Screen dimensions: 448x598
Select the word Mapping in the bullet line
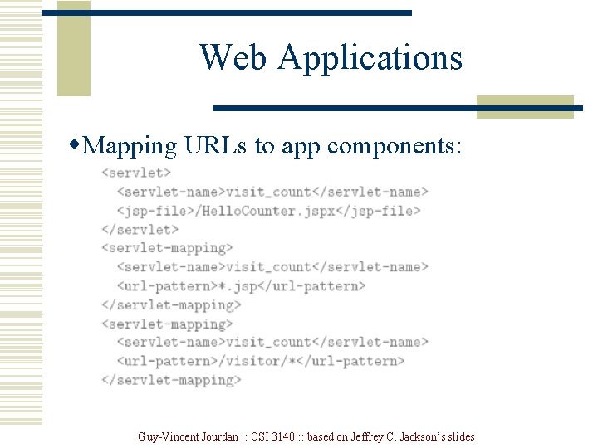[130, 147]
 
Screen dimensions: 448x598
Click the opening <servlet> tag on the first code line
[136, 173]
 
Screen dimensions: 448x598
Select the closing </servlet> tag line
[140, 230]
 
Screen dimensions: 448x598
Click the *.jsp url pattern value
[233, 286]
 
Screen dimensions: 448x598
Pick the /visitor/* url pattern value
[257, 361]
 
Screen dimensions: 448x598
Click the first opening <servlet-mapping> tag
[167, 248]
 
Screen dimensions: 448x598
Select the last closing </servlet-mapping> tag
[171, 380]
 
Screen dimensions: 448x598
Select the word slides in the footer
[460, 436]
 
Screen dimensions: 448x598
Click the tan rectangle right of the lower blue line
[525, 106]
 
